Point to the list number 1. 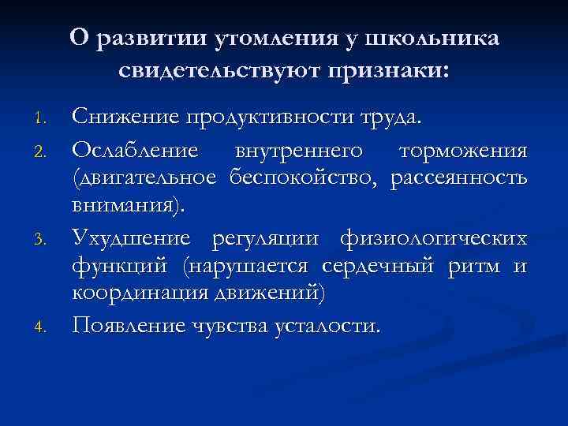pos(45,121)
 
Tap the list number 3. pos(45,239)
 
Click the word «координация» pos(137,295)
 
